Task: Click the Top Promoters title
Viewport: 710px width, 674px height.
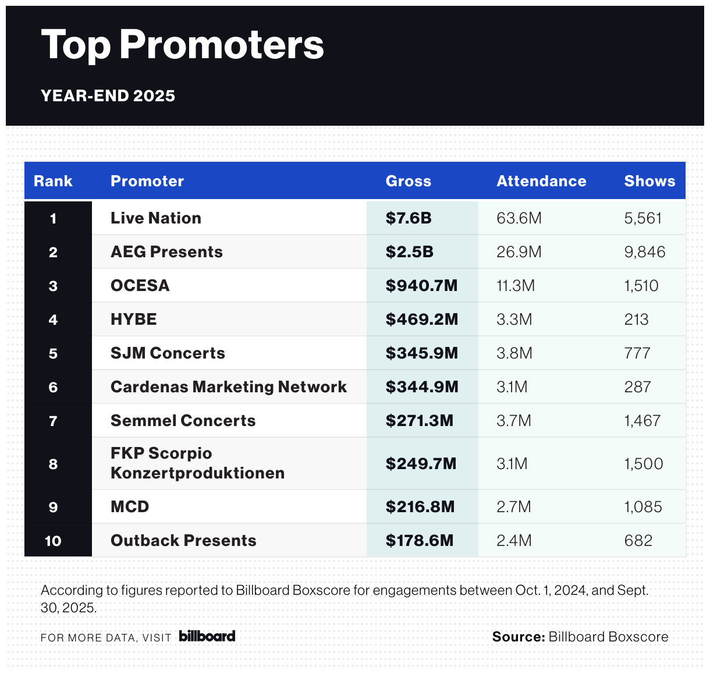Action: click(182, 45)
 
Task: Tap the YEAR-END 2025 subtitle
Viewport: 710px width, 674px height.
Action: click(108, 95)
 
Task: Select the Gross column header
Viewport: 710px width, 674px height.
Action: click(409, 181)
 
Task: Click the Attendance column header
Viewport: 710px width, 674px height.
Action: click(541, 181)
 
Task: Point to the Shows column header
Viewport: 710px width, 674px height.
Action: click(649, 181)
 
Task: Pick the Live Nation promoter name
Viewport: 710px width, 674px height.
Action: click(156, 218)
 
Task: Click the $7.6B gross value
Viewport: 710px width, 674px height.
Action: click(409, 218)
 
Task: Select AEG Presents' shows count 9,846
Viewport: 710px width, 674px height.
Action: click(645, 252)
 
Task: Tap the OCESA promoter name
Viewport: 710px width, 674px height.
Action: click(140, 286)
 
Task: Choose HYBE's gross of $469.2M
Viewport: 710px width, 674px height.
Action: click(422, 320)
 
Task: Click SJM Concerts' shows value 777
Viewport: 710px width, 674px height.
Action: click(637, 353)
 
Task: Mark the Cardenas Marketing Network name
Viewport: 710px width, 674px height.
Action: click(229, 387)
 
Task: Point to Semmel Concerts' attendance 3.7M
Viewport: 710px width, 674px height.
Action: click(514, 421)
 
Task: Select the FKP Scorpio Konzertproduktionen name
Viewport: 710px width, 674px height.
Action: click(197, 463)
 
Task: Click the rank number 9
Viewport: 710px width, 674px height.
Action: click(53, 507)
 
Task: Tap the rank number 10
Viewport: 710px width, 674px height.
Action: click(53, 541)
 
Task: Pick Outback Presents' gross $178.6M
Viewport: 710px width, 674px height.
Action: click(420, 541)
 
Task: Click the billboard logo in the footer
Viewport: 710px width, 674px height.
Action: click(207, 636)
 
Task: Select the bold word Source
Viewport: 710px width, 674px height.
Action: click(518, 637)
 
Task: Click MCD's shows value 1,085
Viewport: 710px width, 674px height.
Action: click(643, 507)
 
